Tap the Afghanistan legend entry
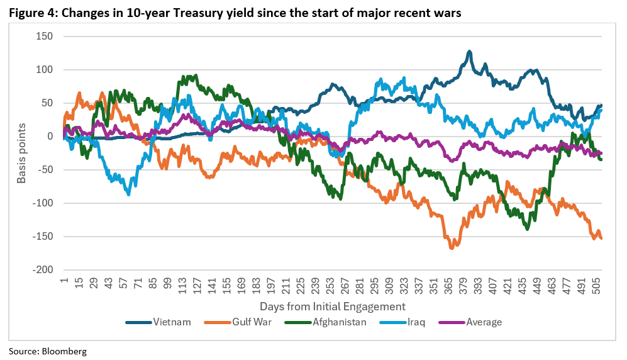pos(333,322)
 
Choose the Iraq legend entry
pos(411,322)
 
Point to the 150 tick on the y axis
pos(45,37)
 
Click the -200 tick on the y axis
pos(42,270)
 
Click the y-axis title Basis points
pos(22,153)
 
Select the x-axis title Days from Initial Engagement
pos(333,306)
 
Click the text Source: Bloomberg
pos(47,351)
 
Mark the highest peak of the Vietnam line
pos(469,52)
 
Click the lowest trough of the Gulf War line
pos(452,248)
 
